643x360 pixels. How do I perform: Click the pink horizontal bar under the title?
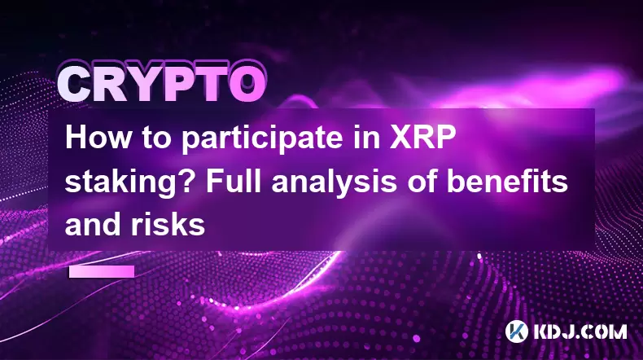point(102,271)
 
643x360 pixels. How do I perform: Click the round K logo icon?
point(517,331)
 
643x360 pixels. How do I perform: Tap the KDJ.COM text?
point(580,331)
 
